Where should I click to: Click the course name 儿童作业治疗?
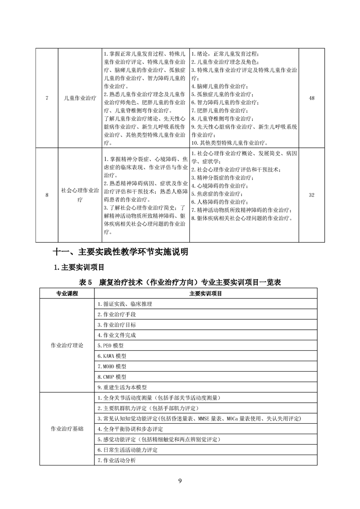(80, 98)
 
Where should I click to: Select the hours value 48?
(311, 98)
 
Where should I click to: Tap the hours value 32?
(311, 195)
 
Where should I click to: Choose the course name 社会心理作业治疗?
(80, 195)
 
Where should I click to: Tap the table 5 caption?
(180, 282)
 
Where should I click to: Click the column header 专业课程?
(67, 294)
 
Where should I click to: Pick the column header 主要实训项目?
(205, 294)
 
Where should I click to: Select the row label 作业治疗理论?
(67, 345)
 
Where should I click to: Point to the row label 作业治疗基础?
(67, 429)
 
